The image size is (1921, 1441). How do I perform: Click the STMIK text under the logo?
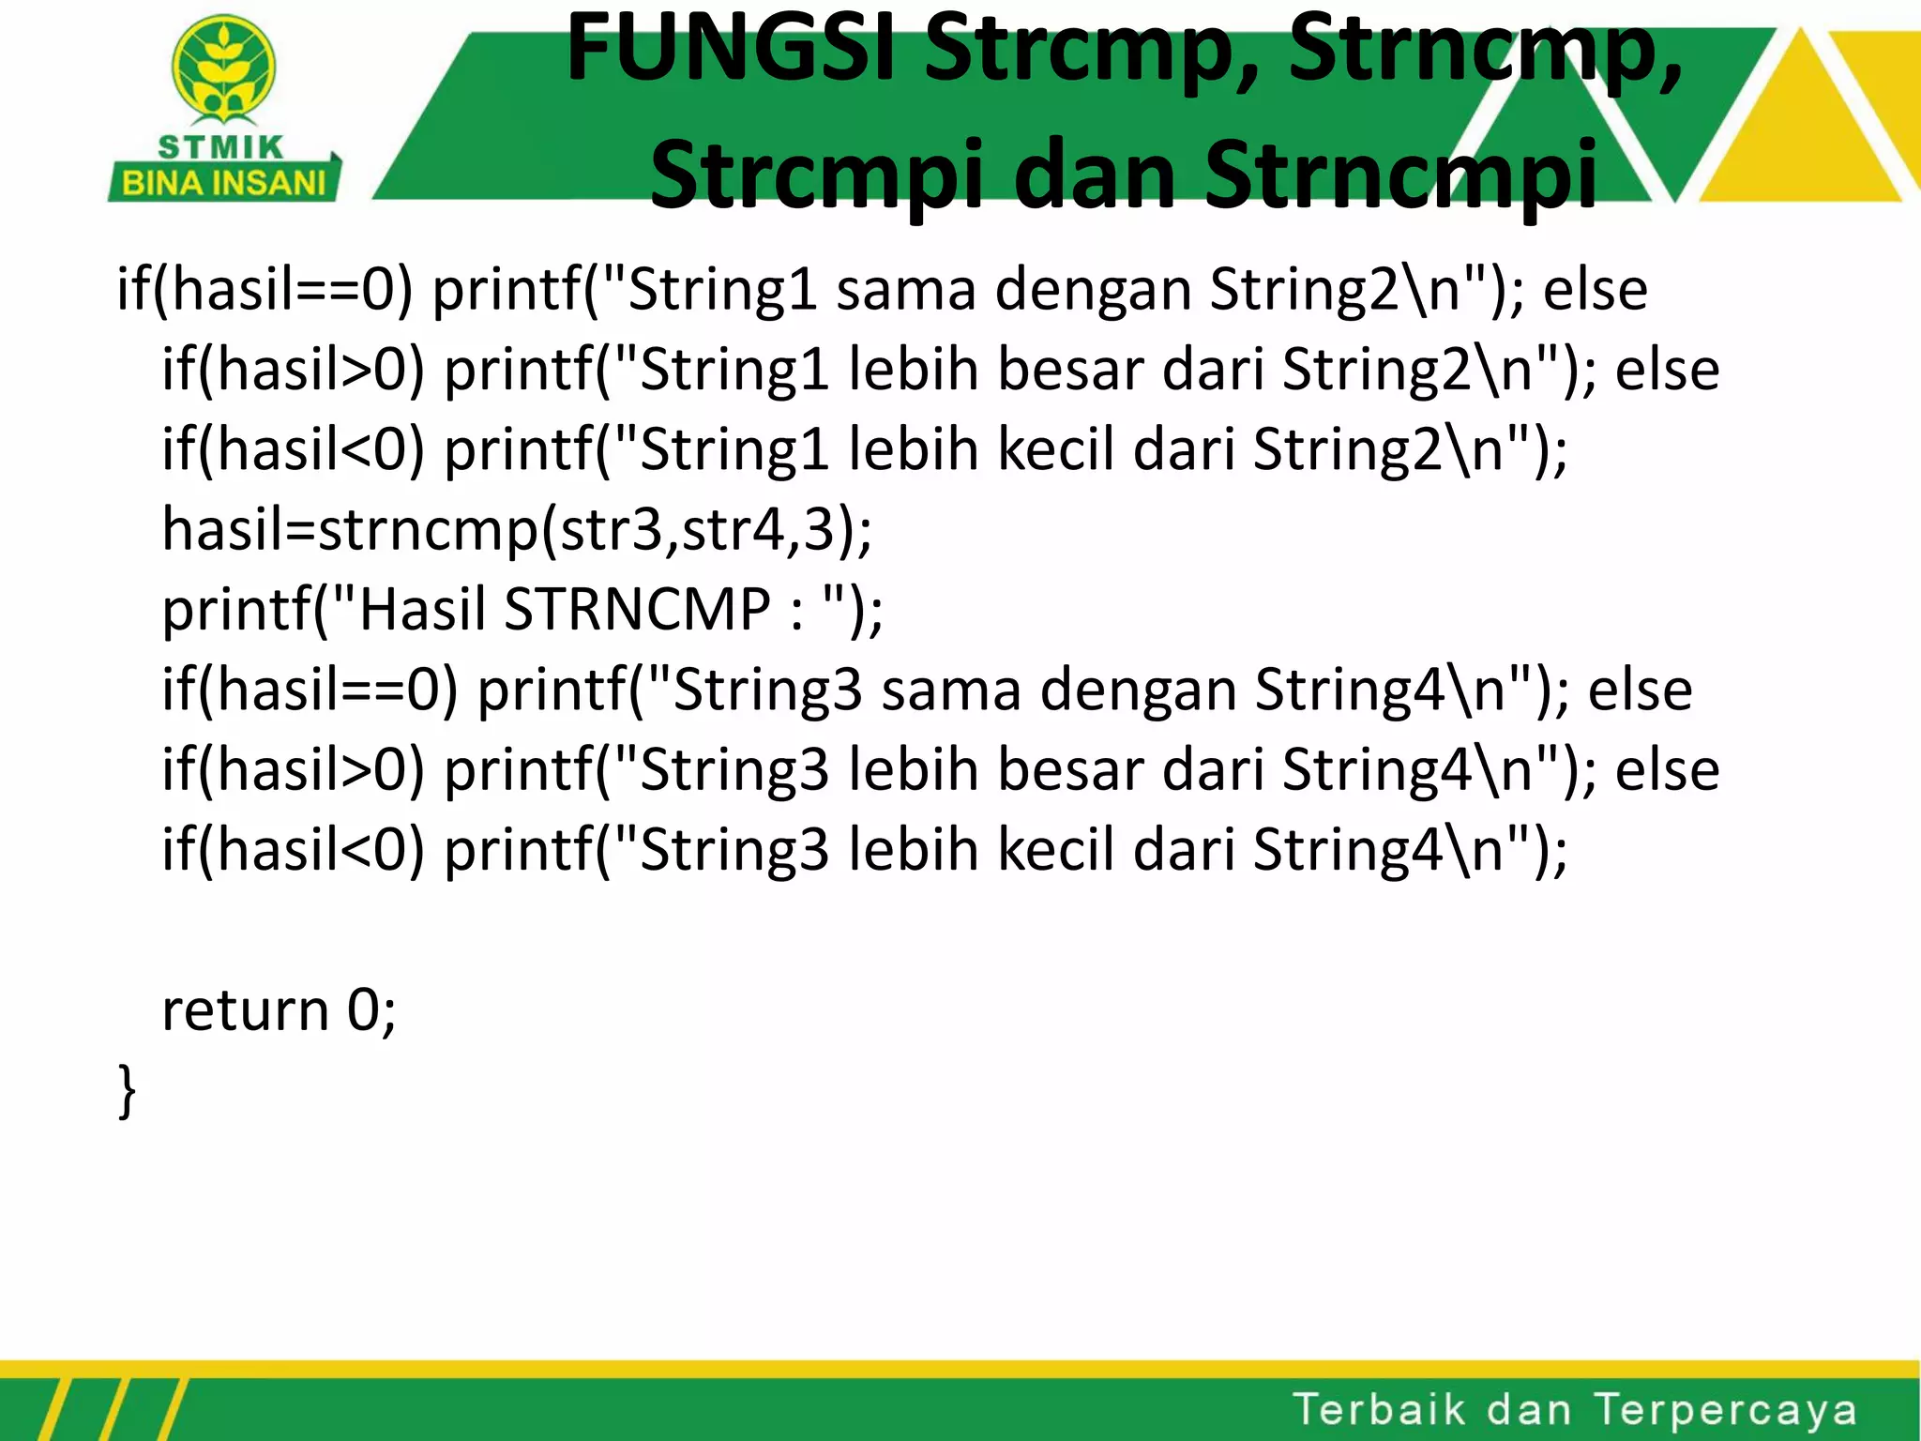221,147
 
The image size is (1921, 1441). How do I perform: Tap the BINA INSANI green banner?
225,182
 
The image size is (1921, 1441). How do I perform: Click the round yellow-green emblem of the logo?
223,68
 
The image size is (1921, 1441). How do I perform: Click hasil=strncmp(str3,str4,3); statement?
517,529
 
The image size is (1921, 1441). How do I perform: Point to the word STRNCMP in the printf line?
637,609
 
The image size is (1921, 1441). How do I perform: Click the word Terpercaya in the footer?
1726,1410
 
